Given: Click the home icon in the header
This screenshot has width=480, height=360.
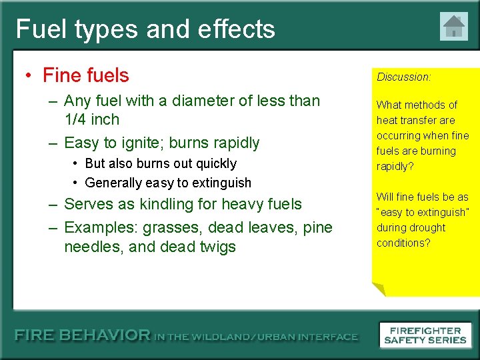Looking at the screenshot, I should (x=453, y=27).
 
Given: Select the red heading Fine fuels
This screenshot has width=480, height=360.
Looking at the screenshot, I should (x=85, y=75).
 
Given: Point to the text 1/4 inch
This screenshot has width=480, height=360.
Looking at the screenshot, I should (x=91, y=120).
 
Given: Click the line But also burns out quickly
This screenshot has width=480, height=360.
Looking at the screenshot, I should (x=161, y=163).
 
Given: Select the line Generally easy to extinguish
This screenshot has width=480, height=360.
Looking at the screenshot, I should (x=168, y=183).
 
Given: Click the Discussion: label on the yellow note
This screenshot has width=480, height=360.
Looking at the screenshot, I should (x=404, y=77).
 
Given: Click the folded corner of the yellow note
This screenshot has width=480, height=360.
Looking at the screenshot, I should (x=378, y=289).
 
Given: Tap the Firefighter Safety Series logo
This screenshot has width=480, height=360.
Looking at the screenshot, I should (x=425, y=335).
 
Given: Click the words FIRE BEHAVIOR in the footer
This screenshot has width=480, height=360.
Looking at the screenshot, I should (x=83, y=335).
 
